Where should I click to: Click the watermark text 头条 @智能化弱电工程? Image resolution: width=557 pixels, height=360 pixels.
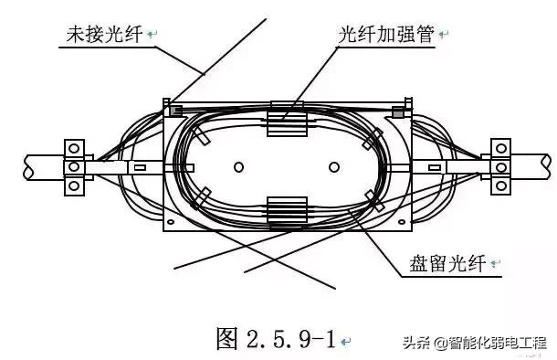pos(475,344)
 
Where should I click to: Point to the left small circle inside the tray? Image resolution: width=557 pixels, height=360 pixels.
pos(237,167)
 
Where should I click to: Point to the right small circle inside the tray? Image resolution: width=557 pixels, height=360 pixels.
pos(335,167)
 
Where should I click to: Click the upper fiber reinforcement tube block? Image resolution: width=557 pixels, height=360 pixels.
pos(286,123)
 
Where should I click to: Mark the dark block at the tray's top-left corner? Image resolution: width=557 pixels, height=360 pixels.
pos(175,110)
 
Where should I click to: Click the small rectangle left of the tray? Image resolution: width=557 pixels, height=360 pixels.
pos(139,167)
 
